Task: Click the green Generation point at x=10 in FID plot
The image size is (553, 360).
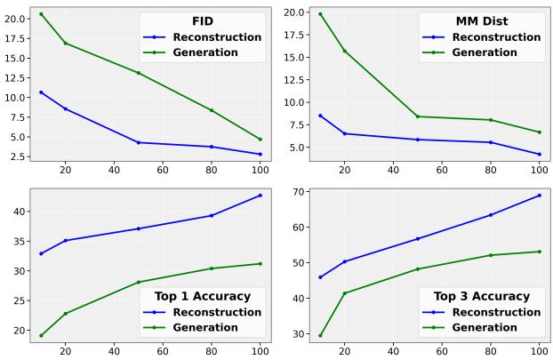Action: tap(41, 14)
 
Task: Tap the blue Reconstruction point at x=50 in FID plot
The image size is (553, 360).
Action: tap(139, 142)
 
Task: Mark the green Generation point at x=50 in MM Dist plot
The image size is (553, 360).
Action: tap(418, 116)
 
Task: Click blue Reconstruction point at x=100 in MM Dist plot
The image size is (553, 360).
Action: tap(539, 154)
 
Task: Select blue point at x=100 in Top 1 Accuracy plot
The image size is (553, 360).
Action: tap(260, 196)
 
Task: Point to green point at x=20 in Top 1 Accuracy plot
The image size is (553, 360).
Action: tap(65, 313)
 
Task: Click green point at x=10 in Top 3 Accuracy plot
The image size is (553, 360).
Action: tap(320, 335)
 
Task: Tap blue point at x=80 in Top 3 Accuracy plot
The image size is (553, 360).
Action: tap(491, 215)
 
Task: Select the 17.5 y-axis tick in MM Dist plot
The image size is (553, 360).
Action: tap(295, 36)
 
